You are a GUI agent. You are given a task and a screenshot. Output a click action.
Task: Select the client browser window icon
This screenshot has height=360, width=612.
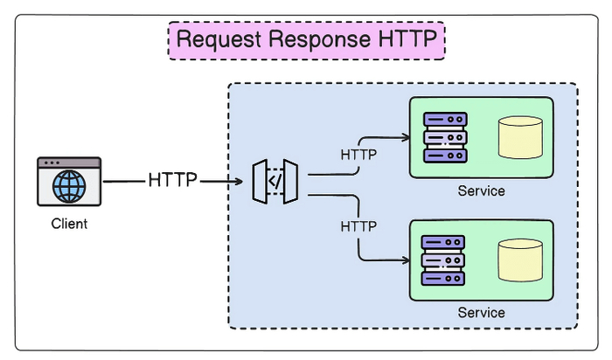click(x=69, y=182)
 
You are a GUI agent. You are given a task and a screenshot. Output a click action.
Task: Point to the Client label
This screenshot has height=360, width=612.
click(x=69, y=224)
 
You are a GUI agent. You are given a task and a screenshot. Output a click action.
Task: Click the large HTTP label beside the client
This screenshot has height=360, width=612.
click(x=173, y=181)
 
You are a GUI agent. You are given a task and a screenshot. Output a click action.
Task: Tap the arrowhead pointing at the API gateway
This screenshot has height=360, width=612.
click(x=237, y=182)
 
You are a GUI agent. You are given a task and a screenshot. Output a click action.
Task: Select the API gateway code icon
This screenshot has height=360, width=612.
click(x=275, y=182)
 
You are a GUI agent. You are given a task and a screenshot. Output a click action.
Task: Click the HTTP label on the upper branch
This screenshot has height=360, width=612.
click(x=358, y=155)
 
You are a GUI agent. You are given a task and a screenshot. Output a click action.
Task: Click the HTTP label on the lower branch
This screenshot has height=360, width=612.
click(x=358, y=225)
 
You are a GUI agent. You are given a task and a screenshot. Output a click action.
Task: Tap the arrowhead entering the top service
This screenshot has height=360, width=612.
click(x=406, y=137)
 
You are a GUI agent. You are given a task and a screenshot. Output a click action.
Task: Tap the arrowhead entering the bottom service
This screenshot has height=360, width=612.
click(x=406, y=260)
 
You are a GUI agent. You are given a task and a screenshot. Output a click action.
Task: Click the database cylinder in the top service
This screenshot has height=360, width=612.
click(x=520, y=137)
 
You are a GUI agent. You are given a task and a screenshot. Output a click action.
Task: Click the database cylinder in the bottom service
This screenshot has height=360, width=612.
click(x=520, y=260)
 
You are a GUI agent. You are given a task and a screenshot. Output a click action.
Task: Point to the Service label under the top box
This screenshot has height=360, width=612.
click(x=481, y=190)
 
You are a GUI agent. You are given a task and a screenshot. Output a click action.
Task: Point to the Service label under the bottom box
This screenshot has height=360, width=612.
click(x=481, y=312)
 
